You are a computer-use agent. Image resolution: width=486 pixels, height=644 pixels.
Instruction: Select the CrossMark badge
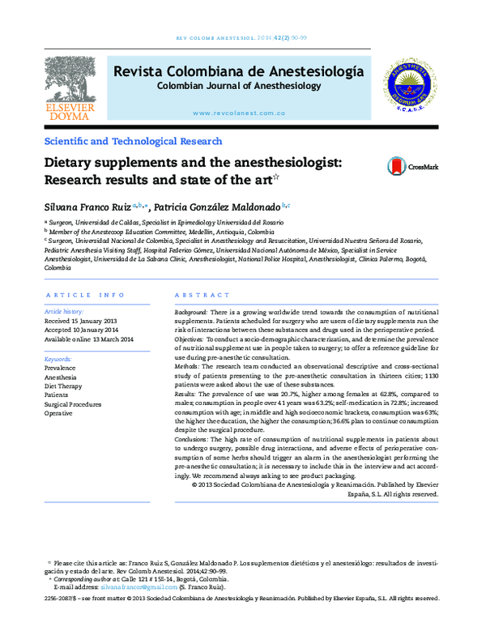412,166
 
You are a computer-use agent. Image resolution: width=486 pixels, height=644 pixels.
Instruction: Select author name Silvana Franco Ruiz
91,207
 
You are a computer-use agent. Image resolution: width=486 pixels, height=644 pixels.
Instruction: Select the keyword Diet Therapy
64,386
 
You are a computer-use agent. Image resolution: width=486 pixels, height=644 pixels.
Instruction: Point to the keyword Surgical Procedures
74,404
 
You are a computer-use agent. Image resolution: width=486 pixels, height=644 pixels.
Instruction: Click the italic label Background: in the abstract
193,312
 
